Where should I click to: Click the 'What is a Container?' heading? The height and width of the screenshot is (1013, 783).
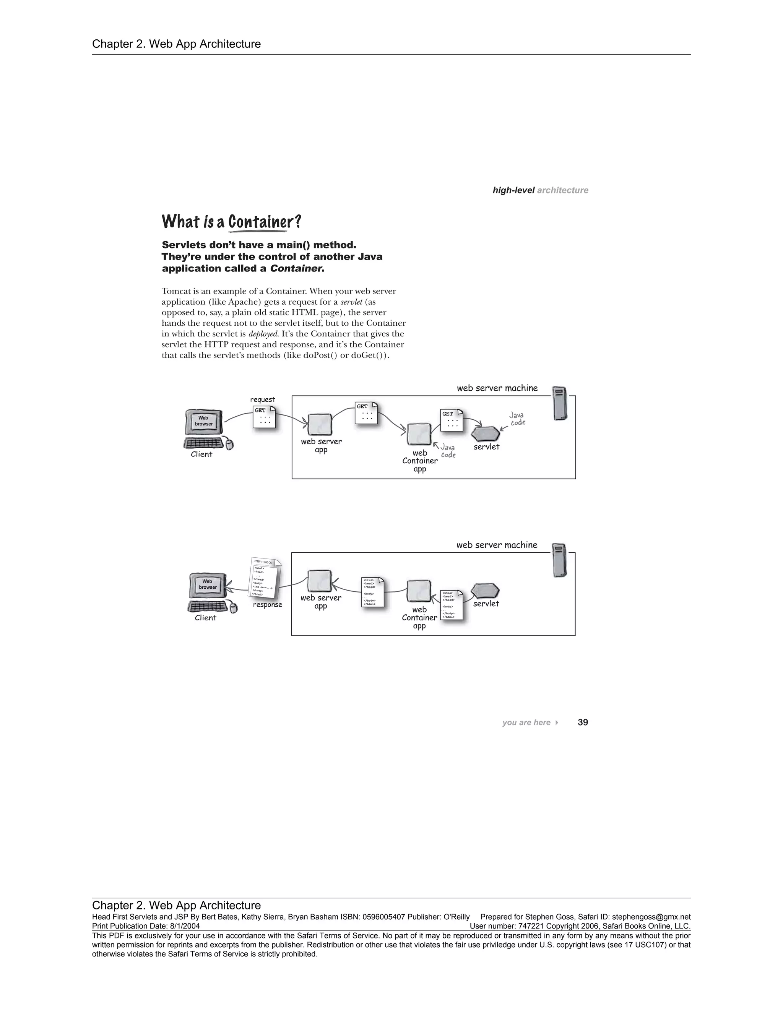coord(231,222)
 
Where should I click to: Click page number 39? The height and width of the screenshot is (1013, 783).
coord(583,722)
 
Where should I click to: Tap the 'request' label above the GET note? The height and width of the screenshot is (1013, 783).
coord(263,399)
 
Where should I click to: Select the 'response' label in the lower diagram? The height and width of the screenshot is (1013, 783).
coord(268,604)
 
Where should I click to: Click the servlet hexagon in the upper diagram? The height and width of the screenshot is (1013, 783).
coord(486,434)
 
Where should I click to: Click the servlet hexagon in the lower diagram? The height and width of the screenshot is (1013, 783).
coord(485,591)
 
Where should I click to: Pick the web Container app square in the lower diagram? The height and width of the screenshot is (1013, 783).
coord(419,591)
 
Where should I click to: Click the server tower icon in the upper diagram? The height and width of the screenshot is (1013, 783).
coord(560,403)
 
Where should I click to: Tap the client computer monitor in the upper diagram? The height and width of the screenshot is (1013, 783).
coord(204,422)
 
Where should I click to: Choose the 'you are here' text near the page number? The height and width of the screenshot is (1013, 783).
coord(526,722)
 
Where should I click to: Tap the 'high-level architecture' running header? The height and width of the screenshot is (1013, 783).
coord(540,190)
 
